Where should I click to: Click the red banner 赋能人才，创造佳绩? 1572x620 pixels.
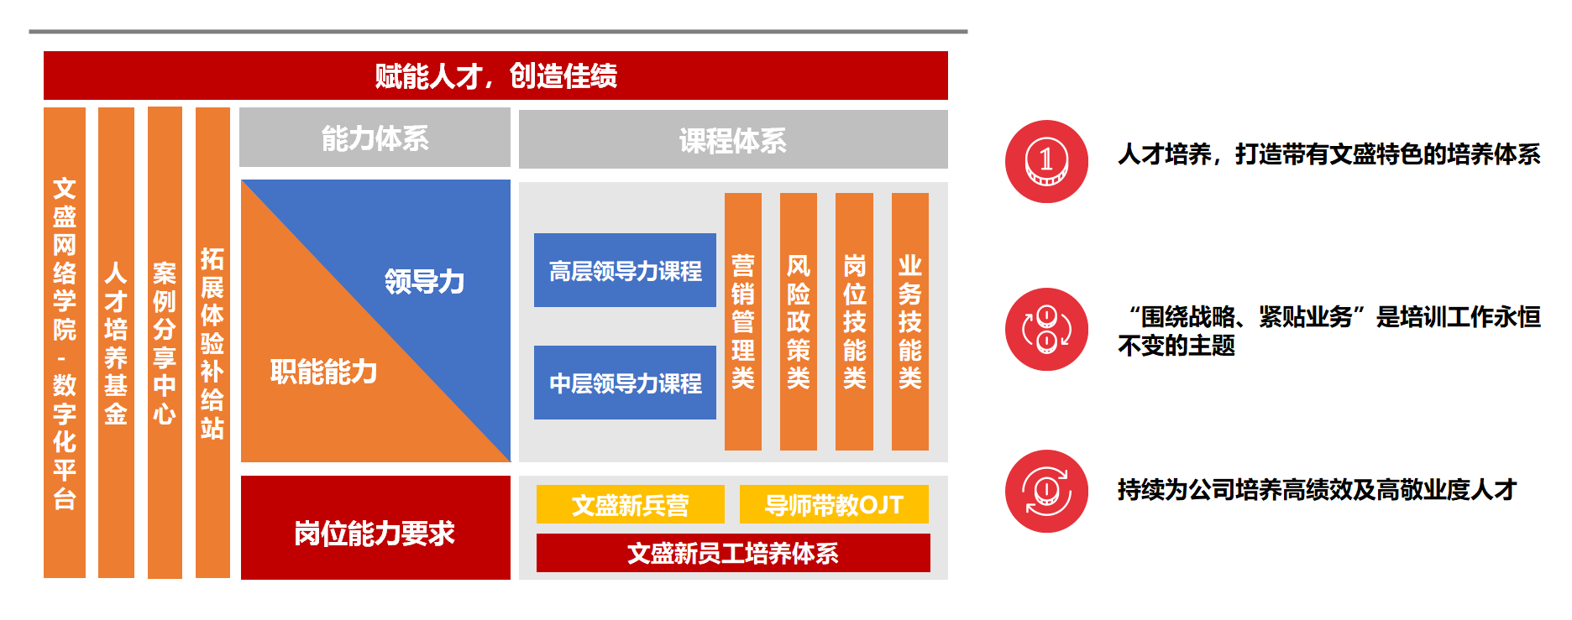click(495, 76)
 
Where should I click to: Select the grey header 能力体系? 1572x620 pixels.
click(375, 138)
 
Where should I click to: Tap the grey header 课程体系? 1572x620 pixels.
click(733, 139)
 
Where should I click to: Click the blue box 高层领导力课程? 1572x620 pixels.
click(625, 270)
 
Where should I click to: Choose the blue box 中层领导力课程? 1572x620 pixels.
click(625, 383)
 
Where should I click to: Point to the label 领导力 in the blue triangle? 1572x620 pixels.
click(424, 281)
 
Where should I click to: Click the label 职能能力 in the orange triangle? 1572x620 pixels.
click(323, 371)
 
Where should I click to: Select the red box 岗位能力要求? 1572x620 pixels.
click(375, 528)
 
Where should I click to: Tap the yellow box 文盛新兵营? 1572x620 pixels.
click(631, 504)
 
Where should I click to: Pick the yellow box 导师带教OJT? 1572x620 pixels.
click(834, 504)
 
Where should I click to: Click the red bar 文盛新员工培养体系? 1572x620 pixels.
click(733, 553)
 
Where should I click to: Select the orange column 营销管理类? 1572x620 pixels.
click(743, 321)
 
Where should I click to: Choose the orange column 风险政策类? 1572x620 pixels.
click(799, 321)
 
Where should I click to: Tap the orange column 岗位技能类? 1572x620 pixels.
click(854, 321)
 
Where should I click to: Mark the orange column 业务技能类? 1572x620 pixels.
click(910, 321)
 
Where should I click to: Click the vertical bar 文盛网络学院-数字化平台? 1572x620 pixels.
click(65, 342)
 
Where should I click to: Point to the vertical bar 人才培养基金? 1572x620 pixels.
click(116, 342)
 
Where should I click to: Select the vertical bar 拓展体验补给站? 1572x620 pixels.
click(212, 342)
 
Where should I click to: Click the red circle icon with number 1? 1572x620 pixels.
click(1046, 161)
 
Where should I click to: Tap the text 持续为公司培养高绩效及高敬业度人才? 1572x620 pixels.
click(1317, 489)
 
